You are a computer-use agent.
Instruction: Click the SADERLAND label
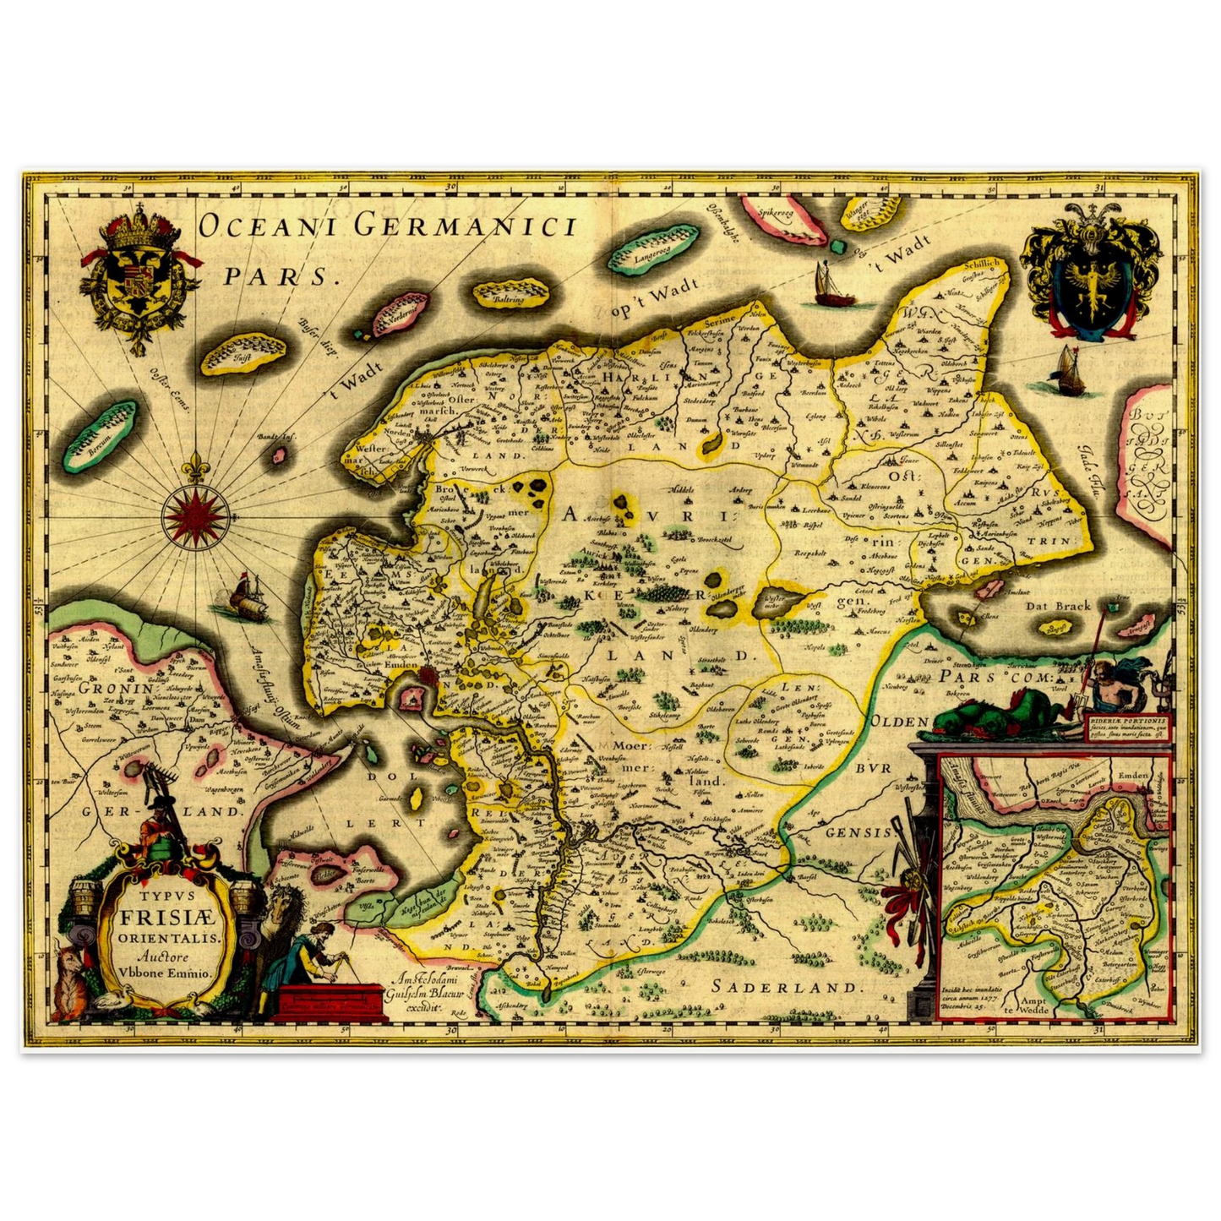[x=786, y=986]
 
